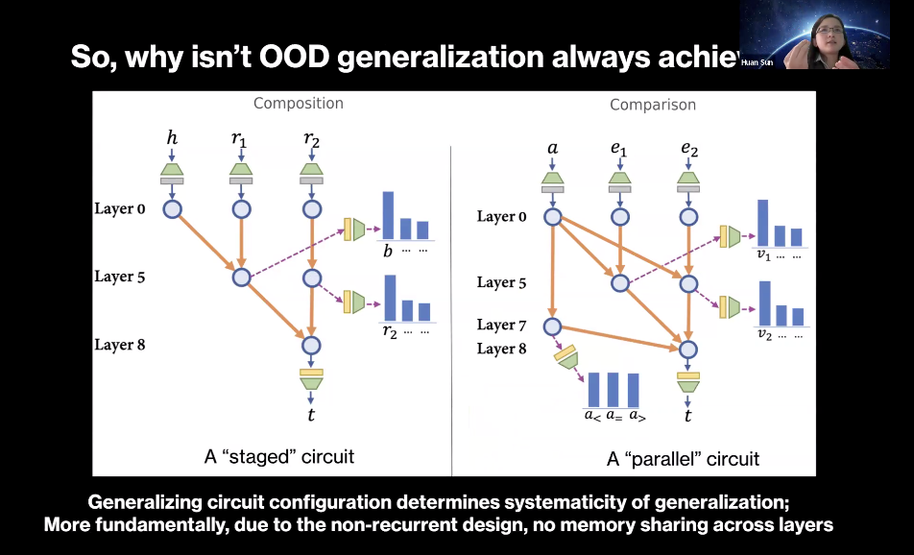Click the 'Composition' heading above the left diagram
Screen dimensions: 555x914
(x=298, y=103)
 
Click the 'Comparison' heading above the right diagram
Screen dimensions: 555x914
(x=653, y=105)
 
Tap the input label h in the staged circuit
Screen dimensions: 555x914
(x=173, y=138)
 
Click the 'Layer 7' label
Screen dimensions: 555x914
(x=501, y=325)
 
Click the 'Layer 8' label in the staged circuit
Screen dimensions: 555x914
(x=119, y=345)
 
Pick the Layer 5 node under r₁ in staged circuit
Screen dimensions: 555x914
(x=241, y=277)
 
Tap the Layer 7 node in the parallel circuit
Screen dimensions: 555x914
(x=552, y=326)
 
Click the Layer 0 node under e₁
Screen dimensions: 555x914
(x=620, y=217)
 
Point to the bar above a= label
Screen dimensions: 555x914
(x=613, y=389)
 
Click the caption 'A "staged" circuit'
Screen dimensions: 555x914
(x=278, y=456)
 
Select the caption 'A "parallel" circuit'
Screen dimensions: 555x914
(x=683, y=458)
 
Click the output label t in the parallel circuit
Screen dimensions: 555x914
(x=687, y=416)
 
